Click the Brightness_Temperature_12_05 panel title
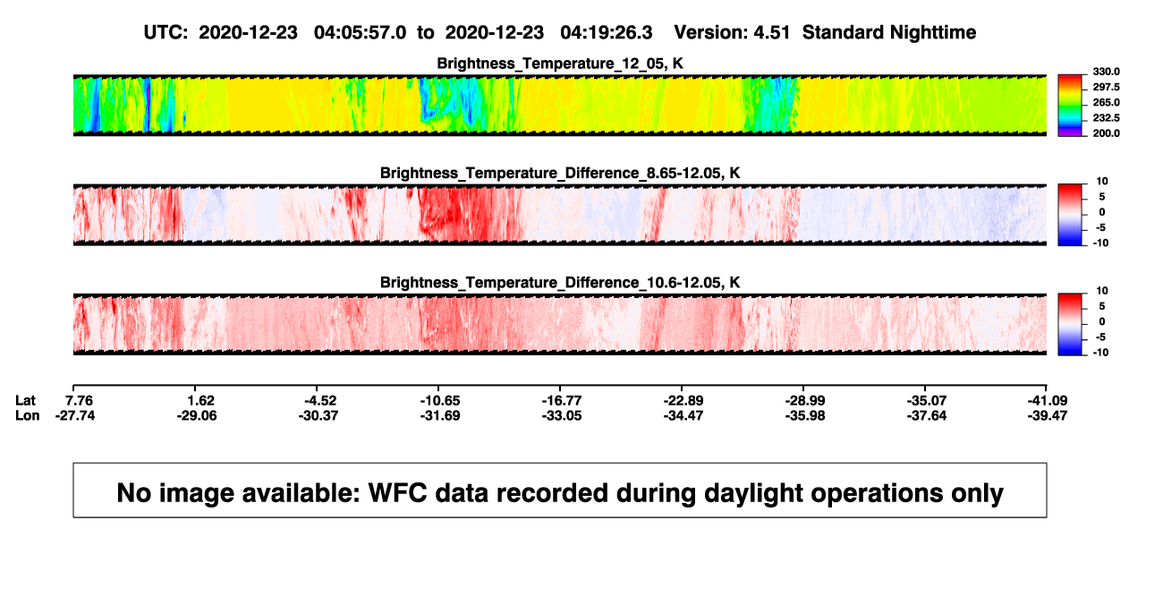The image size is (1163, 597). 560,64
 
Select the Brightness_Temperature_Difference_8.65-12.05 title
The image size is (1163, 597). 560,173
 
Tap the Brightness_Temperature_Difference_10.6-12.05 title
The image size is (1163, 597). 560,283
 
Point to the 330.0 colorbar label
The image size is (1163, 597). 1106,72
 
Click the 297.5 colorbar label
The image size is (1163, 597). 1106,87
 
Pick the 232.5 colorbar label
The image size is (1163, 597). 1106,118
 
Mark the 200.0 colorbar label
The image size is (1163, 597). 1106,133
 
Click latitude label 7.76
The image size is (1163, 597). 79,401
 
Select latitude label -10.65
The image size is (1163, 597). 440,401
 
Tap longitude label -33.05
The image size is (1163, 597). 562,415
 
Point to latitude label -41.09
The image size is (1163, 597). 1048,401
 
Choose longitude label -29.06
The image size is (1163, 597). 196,415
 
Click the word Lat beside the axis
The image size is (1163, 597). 25,401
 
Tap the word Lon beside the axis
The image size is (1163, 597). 27,415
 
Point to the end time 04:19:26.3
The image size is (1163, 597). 607,32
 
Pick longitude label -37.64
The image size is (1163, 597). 927,415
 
